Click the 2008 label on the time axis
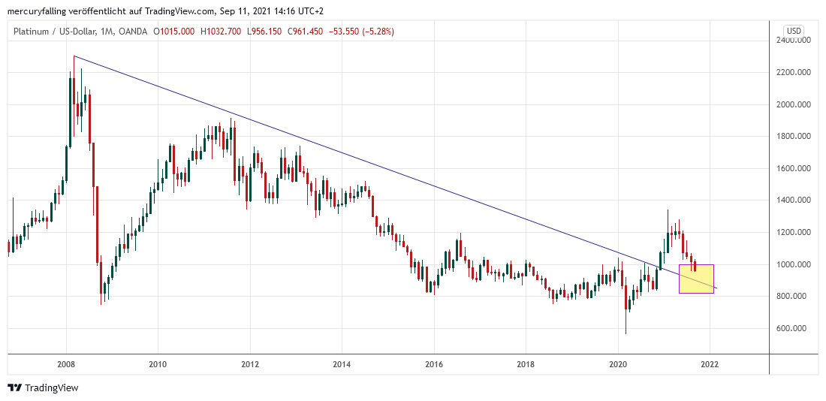coord(66,365)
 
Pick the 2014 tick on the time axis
coord(341,365)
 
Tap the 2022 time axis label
coord(710,365)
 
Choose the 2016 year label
coord(433,365)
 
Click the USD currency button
coord(793,31)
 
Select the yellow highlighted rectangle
coord(696,279)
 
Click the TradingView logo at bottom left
coord(43,387)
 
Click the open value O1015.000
coord(174,31)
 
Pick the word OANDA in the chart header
coord(132,31)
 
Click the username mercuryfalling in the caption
coord(38,11)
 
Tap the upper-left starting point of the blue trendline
coord(74,56)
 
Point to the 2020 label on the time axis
coord(618,365)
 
